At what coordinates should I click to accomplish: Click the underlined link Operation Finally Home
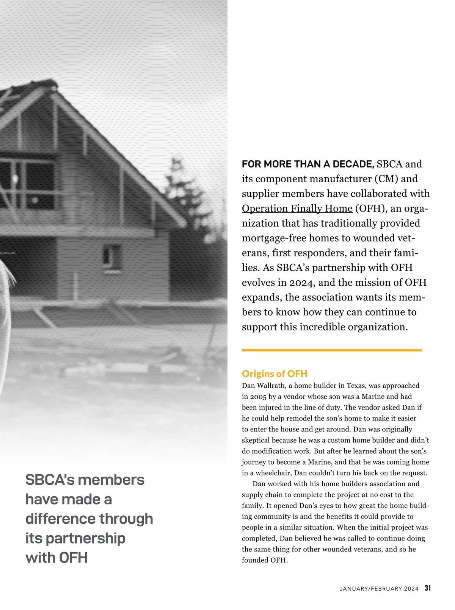(297, 209)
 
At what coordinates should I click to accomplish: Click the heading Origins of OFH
(275, 374)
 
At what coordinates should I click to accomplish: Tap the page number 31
(428, 588)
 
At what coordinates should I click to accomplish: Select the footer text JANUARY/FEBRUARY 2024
(379, 589)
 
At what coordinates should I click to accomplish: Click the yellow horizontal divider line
(332, 350)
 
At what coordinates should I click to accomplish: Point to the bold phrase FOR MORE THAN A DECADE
(308, 164)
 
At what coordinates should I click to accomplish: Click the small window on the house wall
(111, 254)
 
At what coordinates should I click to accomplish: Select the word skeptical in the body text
(256, 440)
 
